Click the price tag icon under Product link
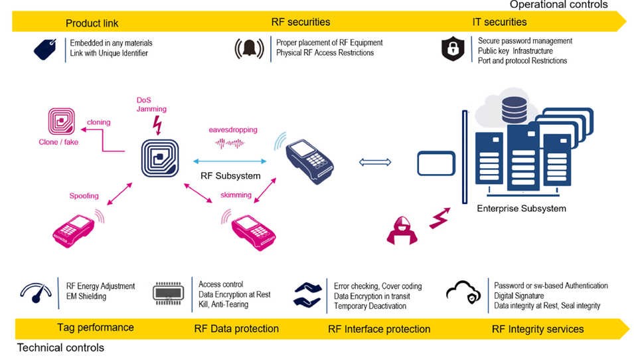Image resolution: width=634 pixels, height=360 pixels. tap(45, 49)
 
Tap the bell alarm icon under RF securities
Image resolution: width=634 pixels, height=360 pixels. tap(249, 48)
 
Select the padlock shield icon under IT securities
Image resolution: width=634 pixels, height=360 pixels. tap(453, 48)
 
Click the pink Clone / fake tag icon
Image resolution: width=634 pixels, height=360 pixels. tap(62, 121)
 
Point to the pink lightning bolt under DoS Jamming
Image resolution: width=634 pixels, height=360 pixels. tap(158, 125)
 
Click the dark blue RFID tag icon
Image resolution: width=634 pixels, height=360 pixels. tap(160, 158)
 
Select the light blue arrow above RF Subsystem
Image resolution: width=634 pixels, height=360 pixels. tap(230, 161)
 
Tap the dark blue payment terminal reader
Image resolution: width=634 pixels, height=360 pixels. tap(309, 161)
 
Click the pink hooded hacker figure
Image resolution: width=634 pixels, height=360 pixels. tap(402, 230)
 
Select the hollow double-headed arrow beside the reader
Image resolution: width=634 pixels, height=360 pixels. tap(375, 162)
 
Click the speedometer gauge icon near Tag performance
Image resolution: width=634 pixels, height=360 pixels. tap(36, 293)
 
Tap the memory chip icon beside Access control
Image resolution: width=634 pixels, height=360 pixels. tap(168, 293)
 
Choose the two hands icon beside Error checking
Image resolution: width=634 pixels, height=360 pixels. tap(308, 295)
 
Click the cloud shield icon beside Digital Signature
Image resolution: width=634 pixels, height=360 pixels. tap(463, 292)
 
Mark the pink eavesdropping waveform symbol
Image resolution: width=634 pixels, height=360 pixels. tap(230, 143)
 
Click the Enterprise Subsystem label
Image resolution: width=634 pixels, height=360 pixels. tap(521, 209)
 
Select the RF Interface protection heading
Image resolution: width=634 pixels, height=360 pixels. tap(379, 329)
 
